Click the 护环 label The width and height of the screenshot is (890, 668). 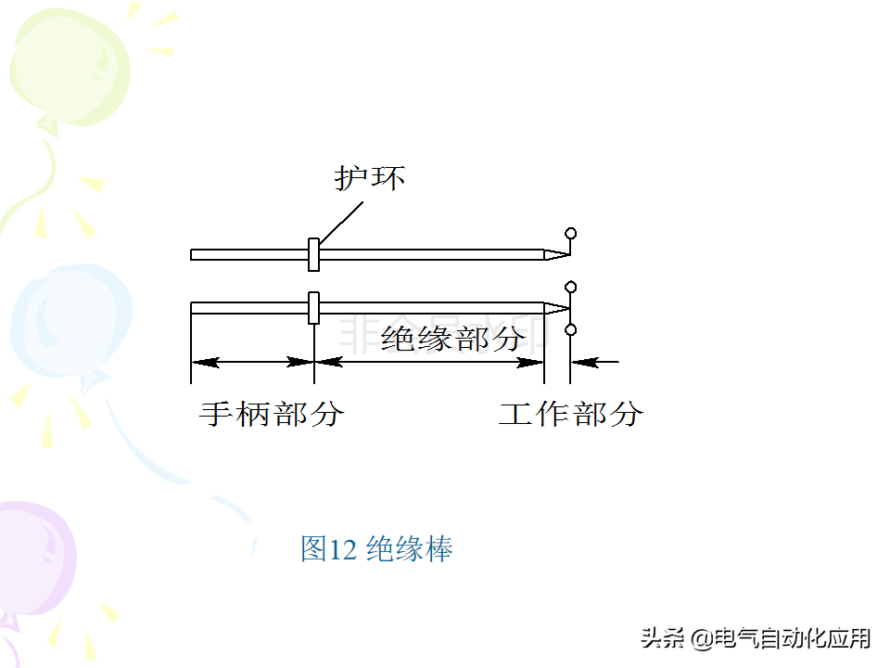coord(370,178)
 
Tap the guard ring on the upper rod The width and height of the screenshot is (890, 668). coord(313,254)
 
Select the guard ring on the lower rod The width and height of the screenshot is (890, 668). coord(313,308)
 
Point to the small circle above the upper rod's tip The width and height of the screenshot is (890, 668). coord(571,233)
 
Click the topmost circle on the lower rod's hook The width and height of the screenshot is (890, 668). coord(571,286)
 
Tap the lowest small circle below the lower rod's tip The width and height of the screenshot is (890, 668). coord(571,329)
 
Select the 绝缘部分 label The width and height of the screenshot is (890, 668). coord(453,339)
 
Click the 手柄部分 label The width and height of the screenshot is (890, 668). coord(271,413)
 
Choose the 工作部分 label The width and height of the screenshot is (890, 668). coord(570,413)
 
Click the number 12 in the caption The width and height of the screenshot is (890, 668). coord(342,549)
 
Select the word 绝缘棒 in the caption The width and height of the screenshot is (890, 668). coord(409,549)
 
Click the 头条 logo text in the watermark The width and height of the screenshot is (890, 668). coord(663,638)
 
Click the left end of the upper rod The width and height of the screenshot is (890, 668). coord(193,254)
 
